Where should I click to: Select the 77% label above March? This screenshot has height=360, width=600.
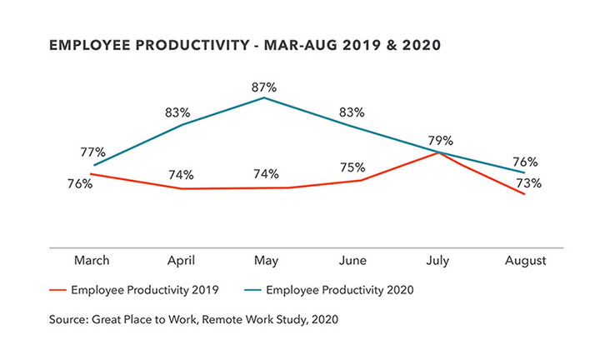(x=93, y=152)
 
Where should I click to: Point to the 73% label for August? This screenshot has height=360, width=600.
(x=530, y=183)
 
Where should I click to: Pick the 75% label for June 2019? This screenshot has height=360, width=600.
(x=353, y=165)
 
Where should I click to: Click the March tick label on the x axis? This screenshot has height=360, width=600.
(x=92, y=261)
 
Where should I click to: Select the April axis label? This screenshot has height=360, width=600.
(x=181, y=261)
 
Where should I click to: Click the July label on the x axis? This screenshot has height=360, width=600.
(x=437, y=261)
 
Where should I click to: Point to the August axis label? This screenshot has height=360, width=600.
(x=526, y=261)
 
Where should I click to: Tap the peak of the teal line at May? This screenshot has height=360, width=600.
(x=264, y=97)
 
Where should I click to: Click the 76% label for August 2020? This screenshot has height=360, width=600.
(x=525, y=162)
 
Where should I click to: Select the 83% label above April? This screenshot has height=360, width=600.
(x=178, y=111)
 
